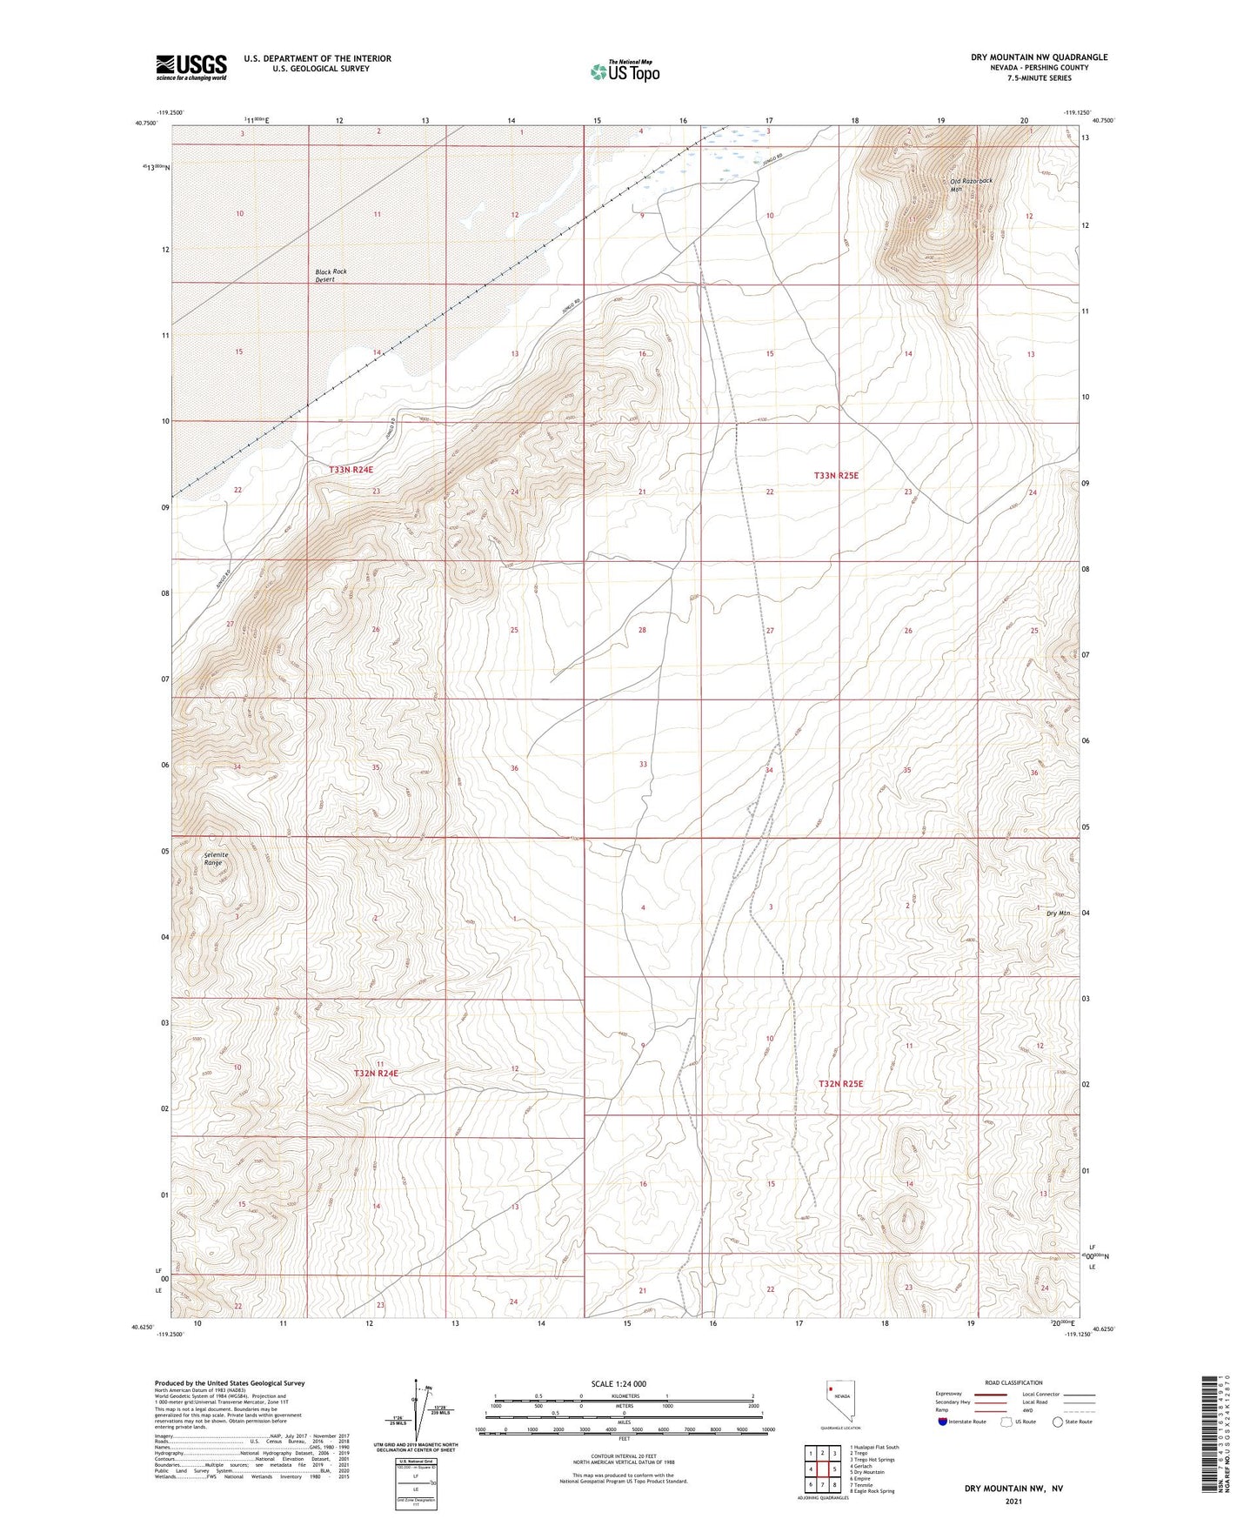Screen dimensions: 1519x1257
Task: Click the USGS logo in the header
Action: (x=191, y=66)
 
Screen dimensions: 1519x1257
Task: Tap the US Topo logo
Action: (x=624, y=71)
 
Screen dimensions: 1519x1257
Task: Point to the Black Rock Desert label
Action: (x=331, y=276)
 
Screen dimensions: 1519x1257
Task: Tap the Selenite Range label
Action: (x=216, y=859)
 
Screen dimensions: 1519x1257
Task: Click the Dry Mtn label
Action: (x=1058, y=913)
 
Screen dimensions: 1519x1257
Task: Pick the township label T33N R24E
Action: (x=351, y=470)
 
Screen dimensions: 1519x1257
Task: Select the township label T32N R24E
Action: (x=376, y=1074)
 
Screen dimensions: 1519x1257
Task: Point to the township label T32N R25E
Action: (x=840, y=1084)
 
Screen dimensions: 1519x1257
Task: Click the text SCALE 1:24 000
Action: (x=618, y=1384)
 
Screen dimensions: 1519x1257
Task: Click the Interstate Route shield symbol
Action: (x=943, y=1422)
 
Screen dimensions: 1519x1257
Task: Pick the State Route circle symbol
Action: (x=1057, y=1422)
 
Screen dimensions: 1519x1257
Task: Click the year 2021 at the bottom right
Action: (x=1013, y=1502)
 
